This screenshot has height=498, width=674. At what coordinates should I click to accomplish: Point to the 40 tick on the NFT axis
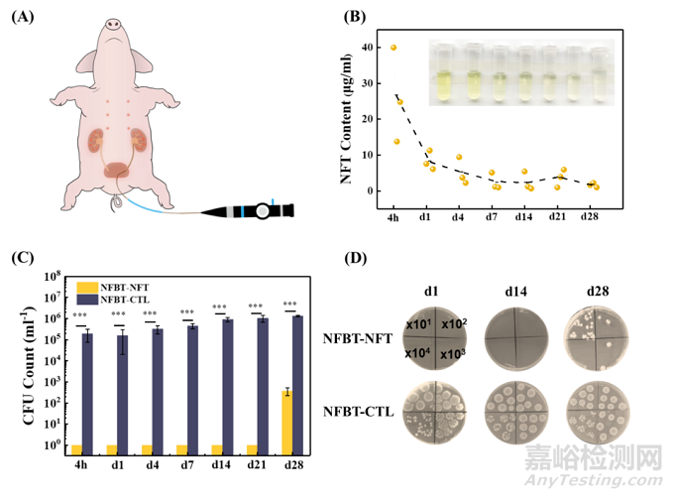tap(368, 48)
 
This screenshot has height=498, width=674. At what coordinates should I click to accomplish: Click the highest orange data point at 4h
tap(393, 48)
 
